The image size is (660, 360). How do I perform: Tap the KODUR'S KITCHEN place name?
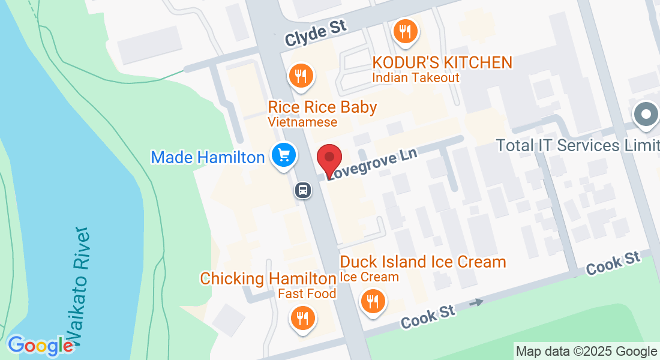[x=442, y=62]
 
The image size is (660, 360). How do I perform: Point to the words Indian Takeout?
[x=416, y=77]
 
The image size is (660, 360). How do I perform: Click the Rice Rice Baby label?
[x=322, y=107]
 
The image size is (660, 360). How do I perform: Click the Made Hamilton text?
[x=208, y=157]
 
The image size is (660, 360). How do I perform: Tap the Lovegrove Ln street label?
[x=373, y=164]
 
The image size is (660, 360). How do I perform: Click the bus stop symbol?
[x=304, y=191]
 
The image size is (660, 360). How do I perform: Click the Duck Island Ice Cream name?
[x=423, y=262]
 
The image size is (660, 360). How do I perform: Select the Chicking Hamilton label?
[x=268, y=278]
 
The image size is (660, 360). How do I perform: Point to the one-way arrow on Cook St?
[x=476, y=303]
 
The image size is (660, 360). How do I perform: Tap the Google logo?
[x=40, y=345]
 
